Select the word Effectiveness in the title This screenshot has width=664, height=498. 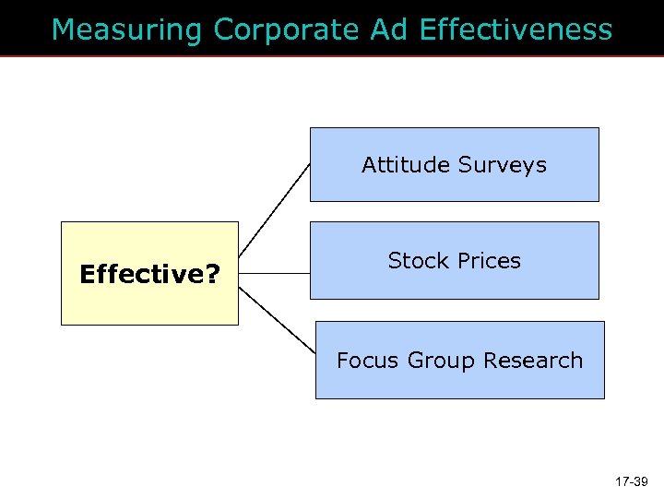click(x=515, y=30)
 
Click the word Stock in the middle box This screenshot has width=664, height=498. click(x=416, y=261)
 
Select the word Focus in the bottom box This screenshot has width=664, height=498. click(x=365, y=361)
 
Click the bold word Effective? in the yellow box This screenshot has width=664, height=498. click(x=148, y=275)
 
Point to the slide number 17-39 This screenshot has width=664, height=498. click(x=632, y=480)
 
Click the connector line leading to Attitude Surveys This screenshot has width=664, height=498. click(x=274, y=209)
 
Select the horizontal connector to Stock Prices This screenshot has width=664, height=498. click(x=274, y=274)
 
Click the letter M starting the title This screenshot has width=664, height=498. click(x=64, y=30)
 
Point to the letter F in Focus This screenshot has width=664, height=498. click(x=343, y=361)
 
